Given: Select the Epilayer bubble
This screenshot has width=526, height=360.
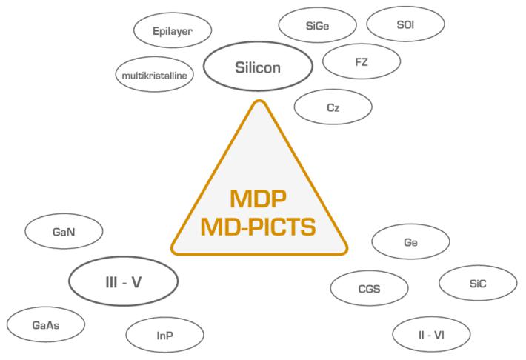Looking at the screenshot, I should point(172,32).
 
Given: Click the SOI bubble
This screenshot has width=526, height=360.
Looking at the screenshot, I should point(406,24).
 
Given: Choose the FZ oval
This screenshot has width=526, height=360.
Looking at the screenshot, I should point(362,61).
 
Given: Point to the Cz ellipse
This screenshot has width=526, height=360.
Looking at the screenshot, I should point(333,107).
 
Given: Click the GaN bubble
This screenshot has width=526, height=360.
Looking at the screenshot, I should point(64,232).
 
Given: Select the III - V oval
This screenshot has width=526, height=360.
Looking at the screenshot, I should point(124,280).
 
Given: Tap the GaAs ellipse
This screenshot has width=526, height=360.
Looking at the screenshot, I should point(46,324).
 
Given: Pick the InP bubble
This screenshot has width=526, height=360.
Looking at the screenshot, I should point(164,336).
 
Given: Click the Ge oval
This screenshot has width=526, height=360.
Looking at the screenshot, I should point(410,242).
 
